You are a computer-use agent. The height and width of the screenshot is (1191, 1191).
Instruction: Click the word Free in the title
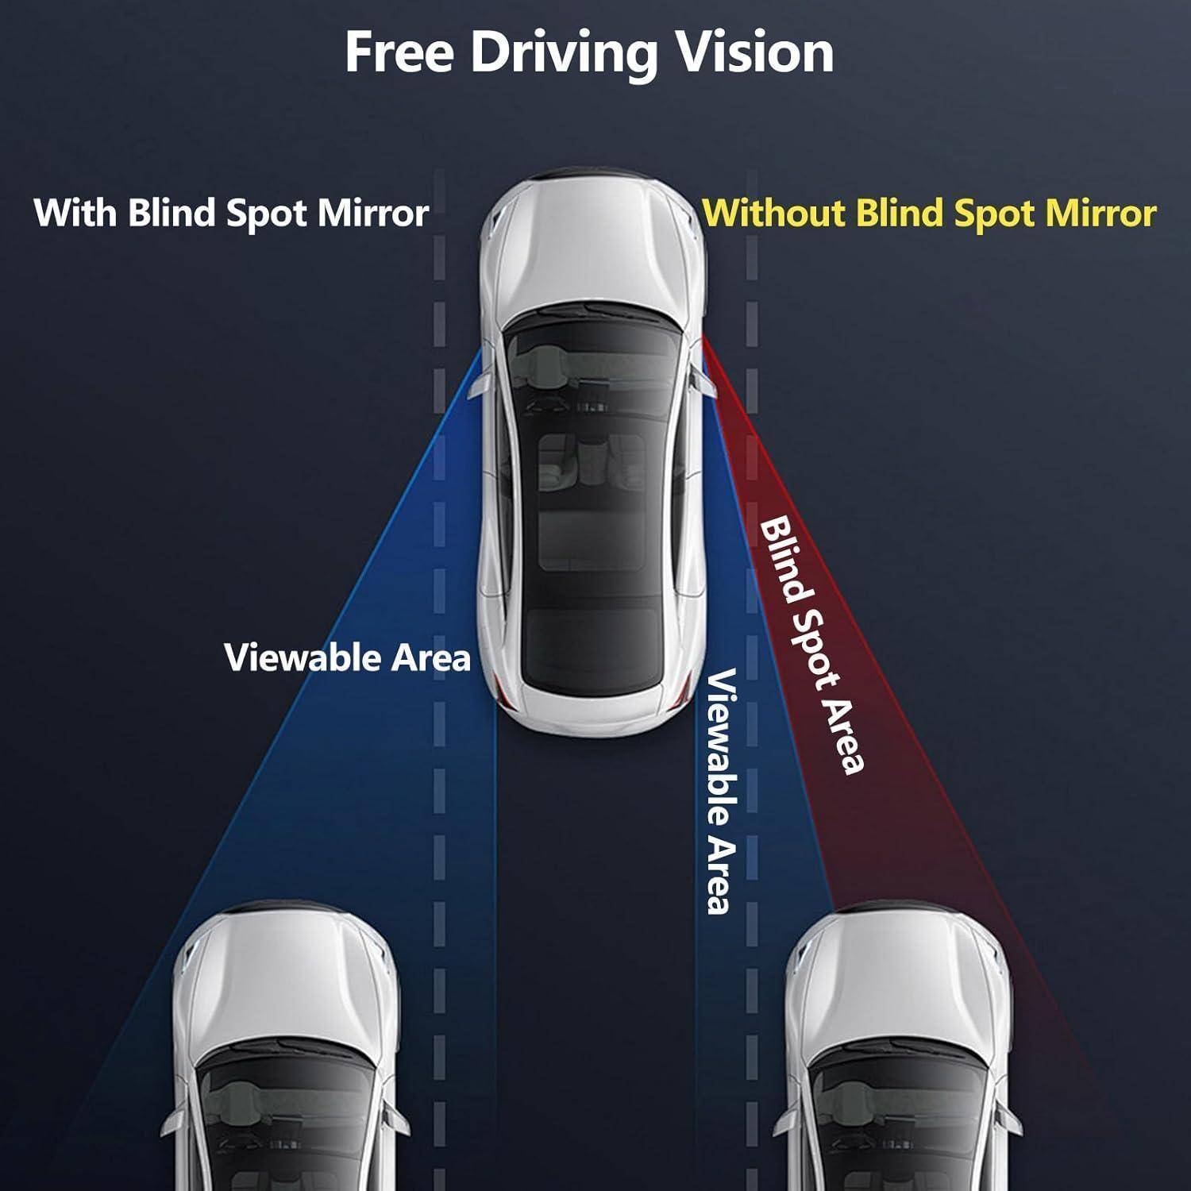(x=399, y=52)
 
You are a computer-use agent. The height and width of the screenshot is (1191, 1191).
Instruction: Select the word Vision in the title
(x=755, y=52)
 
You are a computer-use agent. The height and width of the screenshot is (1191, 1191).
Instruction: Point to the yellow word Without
(x=773, y=213)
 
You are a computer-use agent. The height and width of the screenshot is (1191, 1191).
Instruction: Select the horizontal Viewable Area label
(x=348, y=657)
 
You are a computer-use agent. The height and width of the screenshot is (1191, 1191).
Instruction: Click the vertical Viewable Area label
(x=719, y=792)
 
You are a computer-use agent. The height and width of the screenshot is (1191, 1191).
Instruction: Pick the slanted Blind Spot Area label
(x=811, y=645)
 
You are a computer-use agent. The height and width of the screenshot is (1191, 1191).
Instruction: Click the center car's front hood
(x=592, y=254)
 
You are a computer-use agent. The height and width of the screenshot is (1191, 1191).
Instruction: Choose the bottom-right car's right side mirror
(x=1010, y=1119)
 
